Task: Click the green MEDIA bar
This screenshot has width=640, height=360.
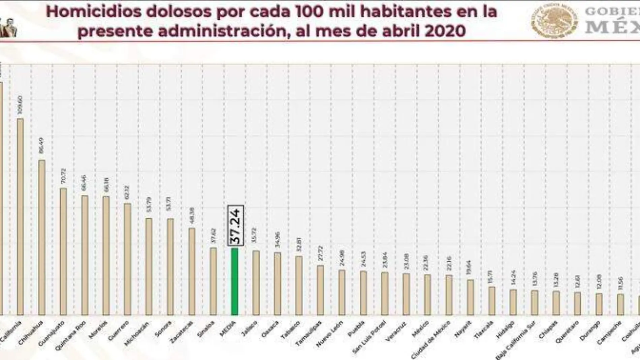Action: [234, 281]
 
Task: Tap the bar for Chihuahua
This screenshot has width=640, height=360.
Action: [42, 238]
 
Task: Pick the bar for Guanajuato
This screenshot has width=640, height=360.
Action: [63, 251]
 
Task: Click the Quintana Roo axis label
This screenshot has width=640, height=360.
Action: [70, 336]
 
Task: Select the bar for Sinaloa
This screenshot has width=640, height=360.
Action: [213, 281]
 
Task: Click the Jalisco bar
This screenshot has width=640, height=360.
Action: [256, 283]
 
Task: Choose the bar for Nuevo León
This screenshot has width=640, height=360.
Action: [342, 292]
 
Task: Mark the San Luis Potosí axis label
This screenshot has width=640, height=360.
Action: [369, 337]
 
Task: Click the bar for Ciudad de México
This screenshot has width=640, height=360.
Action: [449, 295]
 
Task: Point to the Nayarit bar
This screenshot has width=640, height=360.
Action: [471, 297]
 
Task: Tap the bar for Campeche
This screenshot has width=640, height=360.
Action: [620, 304]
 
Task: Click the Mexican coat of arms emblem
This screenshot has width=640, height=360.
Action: [554, 20]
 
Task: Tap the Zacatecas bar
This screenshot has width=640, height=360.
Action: [192, 271]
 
